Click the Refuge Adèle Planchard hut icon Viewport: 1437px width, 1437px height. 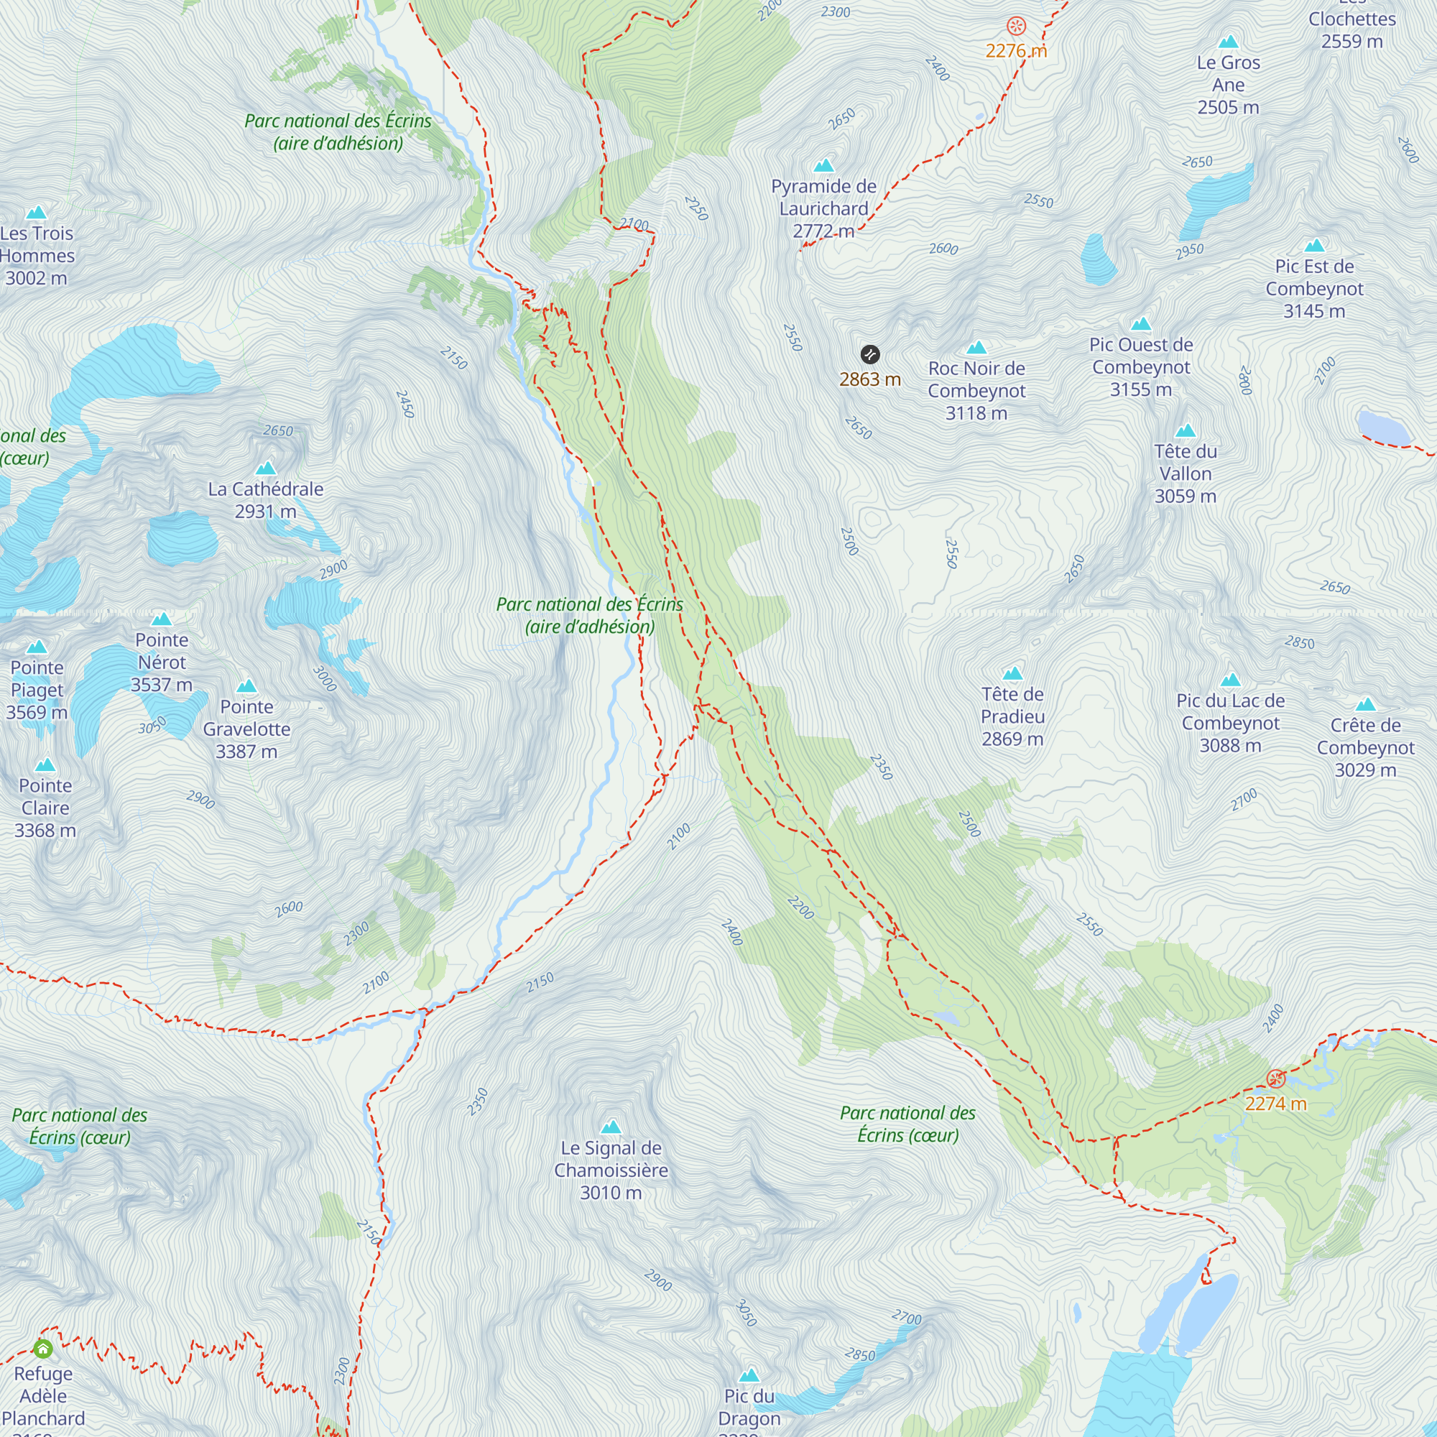pos(43,1349)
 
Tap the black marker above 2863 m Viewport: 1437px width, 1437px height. pos(869,354)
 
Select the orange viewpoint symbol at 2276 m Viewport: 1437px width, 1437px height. pos(1016,27)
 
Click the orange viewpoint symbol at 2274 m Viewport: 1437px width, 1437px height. pos(1275,1079)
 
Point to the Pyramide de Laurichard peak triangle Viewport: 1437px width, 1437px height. pos(823,165)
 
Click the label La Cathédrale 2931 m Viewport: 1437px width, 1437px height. pos(266,500)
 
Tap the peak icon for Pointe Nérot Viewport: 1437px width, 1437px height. pos(162,619)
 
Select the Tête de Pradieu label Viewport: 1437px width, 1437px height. pos(1012,716)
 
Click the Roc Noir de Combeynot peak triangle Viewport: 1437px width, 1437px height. pos(976,347)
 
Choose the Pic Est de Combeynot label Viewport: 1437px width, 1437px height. pos(1314,289)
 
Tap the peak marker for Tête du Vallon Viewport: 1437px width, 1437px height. pos(1185,430)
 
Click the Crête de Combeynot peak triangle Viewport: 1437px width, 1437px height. pos(1365,704)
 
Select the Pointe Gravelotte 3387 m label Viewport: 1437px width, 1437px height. pos(246,729)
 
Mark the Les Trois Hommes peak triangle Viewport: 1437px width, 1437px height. pos(36,213)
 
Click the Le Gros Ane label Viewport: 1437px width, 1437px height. pos(1228,85)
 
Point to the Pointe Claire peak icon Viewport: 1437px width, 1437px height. pos(45,764)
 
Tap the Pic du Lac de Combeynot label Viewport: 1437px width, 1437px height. pos(1230,723)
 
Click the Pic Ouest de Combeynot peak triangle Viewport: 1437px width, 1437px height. pos(1141,323)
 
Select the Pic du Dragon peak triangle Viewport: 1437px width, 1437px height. pos(749,1374)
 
